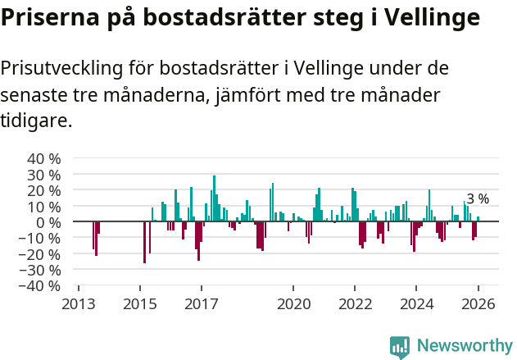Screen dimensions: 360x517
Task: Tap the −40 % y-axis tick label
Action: (41, 286)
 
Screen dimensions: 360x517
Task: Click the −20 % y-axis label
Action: (41, 254)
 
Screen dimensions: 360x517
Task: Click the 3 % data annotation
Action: (478, 199)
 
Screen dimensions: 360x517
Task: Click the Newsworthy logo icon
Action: (400, 347)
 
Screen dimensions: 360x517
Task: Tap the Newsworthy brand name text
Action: (464, 347)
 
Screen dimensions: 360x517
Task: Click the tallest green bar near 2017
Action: (215, 198)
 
